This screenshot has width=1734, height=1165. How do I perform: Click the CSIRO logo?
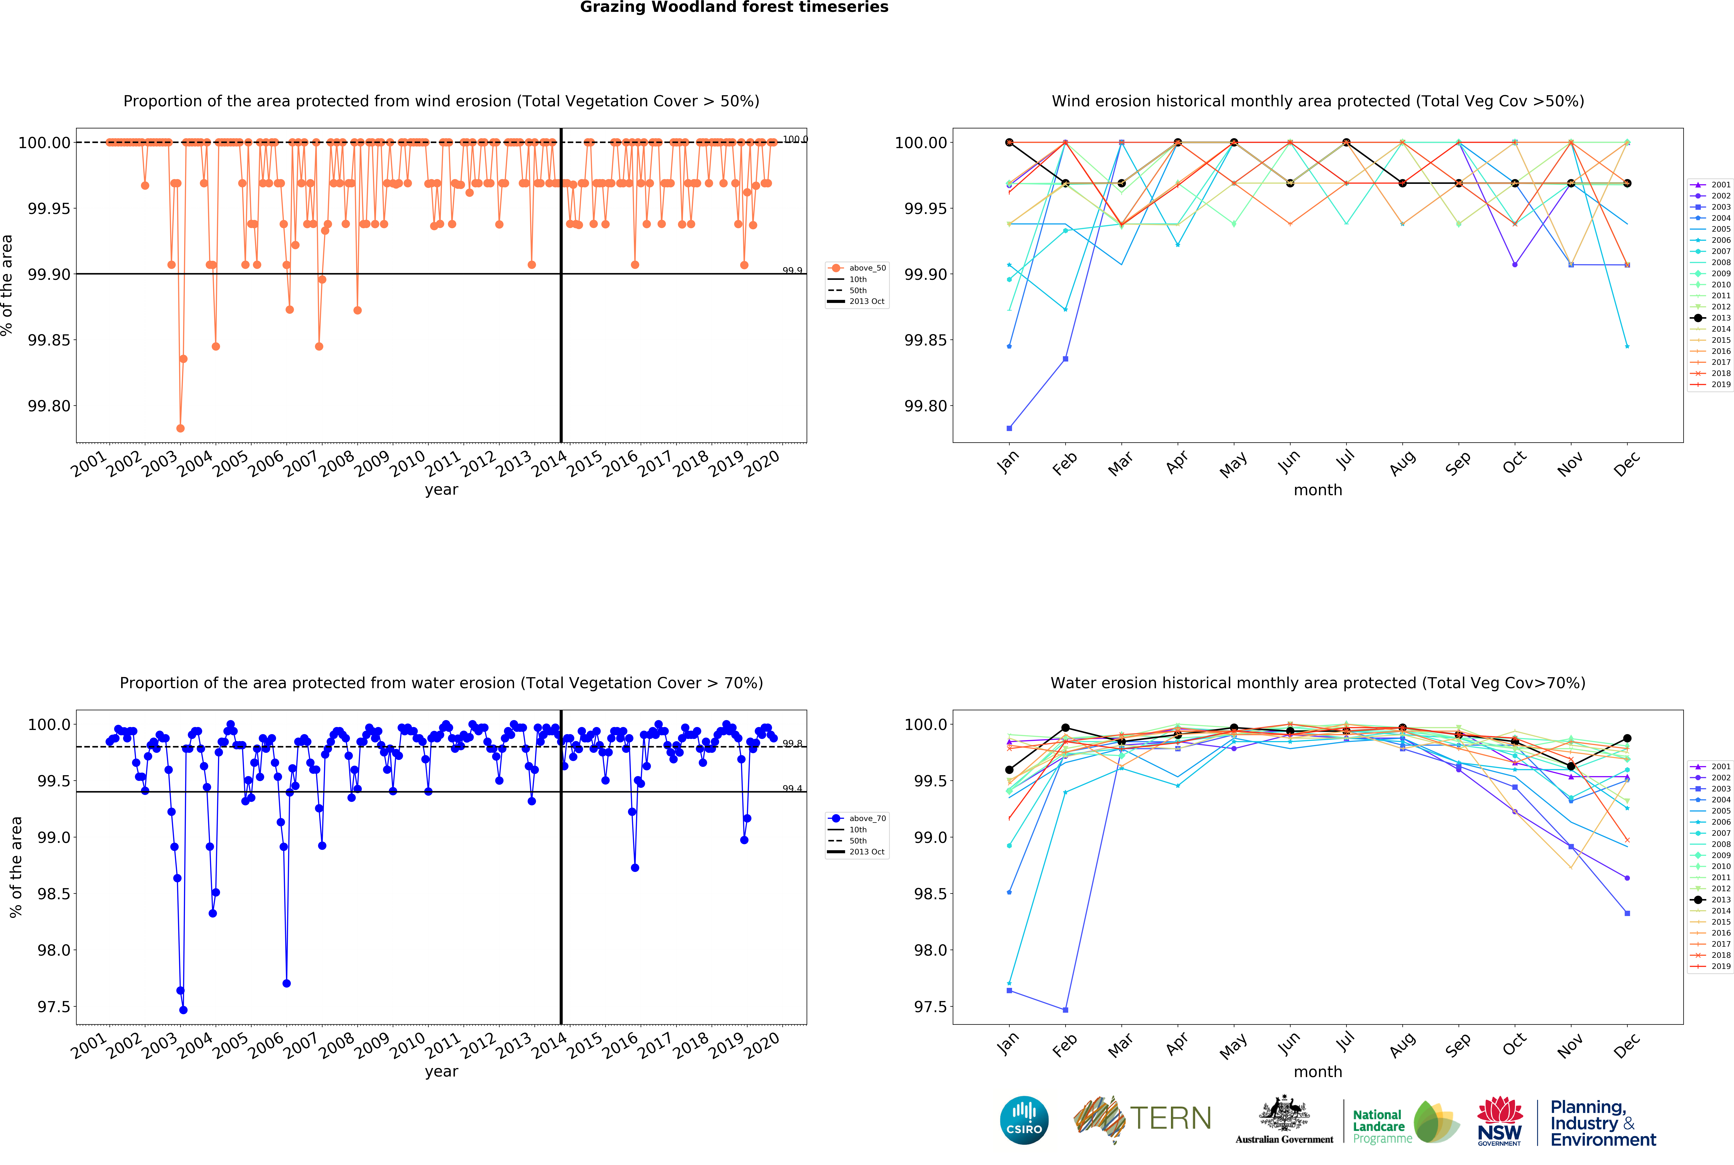click(x=1024, y=1120)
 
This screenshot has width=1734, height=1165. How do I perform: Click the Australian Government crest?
click(x=1284, y=1118)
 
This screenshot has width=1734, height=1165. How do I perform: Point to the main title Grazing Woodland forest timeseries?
click(x=734, y=7)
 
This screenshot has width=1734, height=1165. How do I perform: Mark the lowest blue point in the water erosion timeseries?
click(x=184, y=1010)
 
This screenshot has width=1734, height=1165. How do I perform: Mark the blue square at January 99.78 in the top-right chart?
click(x=1009, y=428)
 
